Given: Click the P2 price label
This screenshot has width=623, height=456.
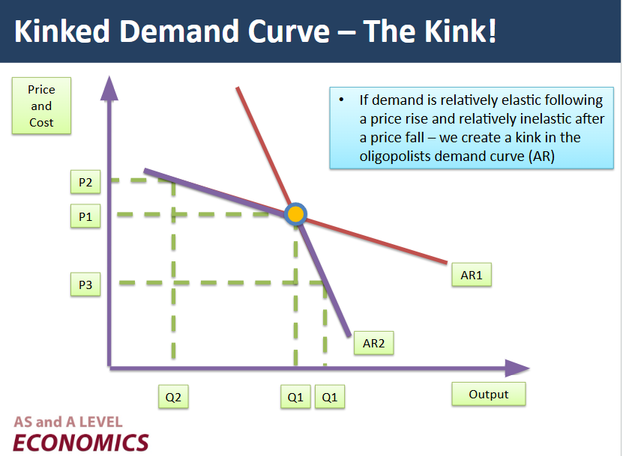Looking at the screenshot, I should point(85,181).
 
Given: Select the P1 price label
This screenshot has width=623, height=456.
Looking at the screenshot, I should point(85,216).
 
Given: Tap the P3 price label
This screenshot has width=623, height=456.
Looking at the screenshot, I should point(85,285).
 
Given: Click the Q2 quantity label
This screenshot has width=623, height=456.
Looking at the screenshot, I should point(173,397).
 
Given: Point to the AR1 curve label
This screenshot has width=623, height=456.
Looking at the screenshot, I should point(471,276).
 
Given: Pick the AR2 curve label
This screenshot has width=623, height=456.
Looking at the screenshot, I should point(373,343).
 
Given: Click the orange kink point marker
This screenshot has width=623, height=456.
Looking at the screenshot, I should point(296,214).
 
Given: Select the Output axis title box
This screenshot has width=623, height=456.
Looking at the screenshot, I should point(488,394).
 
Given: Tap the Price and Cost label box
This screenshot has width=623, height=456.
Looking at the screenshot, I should point(41,106).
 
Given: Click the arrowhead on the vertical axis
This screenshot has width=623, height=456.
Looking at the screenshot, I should point(109,87).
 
